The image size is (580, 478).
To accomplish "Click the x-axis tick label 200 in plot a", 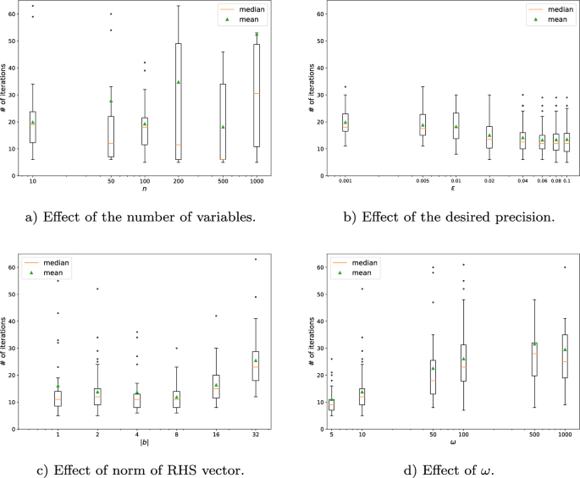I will click(x=179, y=182).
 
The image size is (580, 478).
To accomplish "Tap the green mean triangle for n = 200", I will click(x=179, y=82).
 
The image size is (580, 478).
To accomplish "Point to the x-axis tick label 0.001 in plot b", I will click(x=345, y=182).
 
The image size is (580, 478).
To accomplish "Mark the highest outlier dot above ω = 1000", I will click(x=565, y=267).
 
